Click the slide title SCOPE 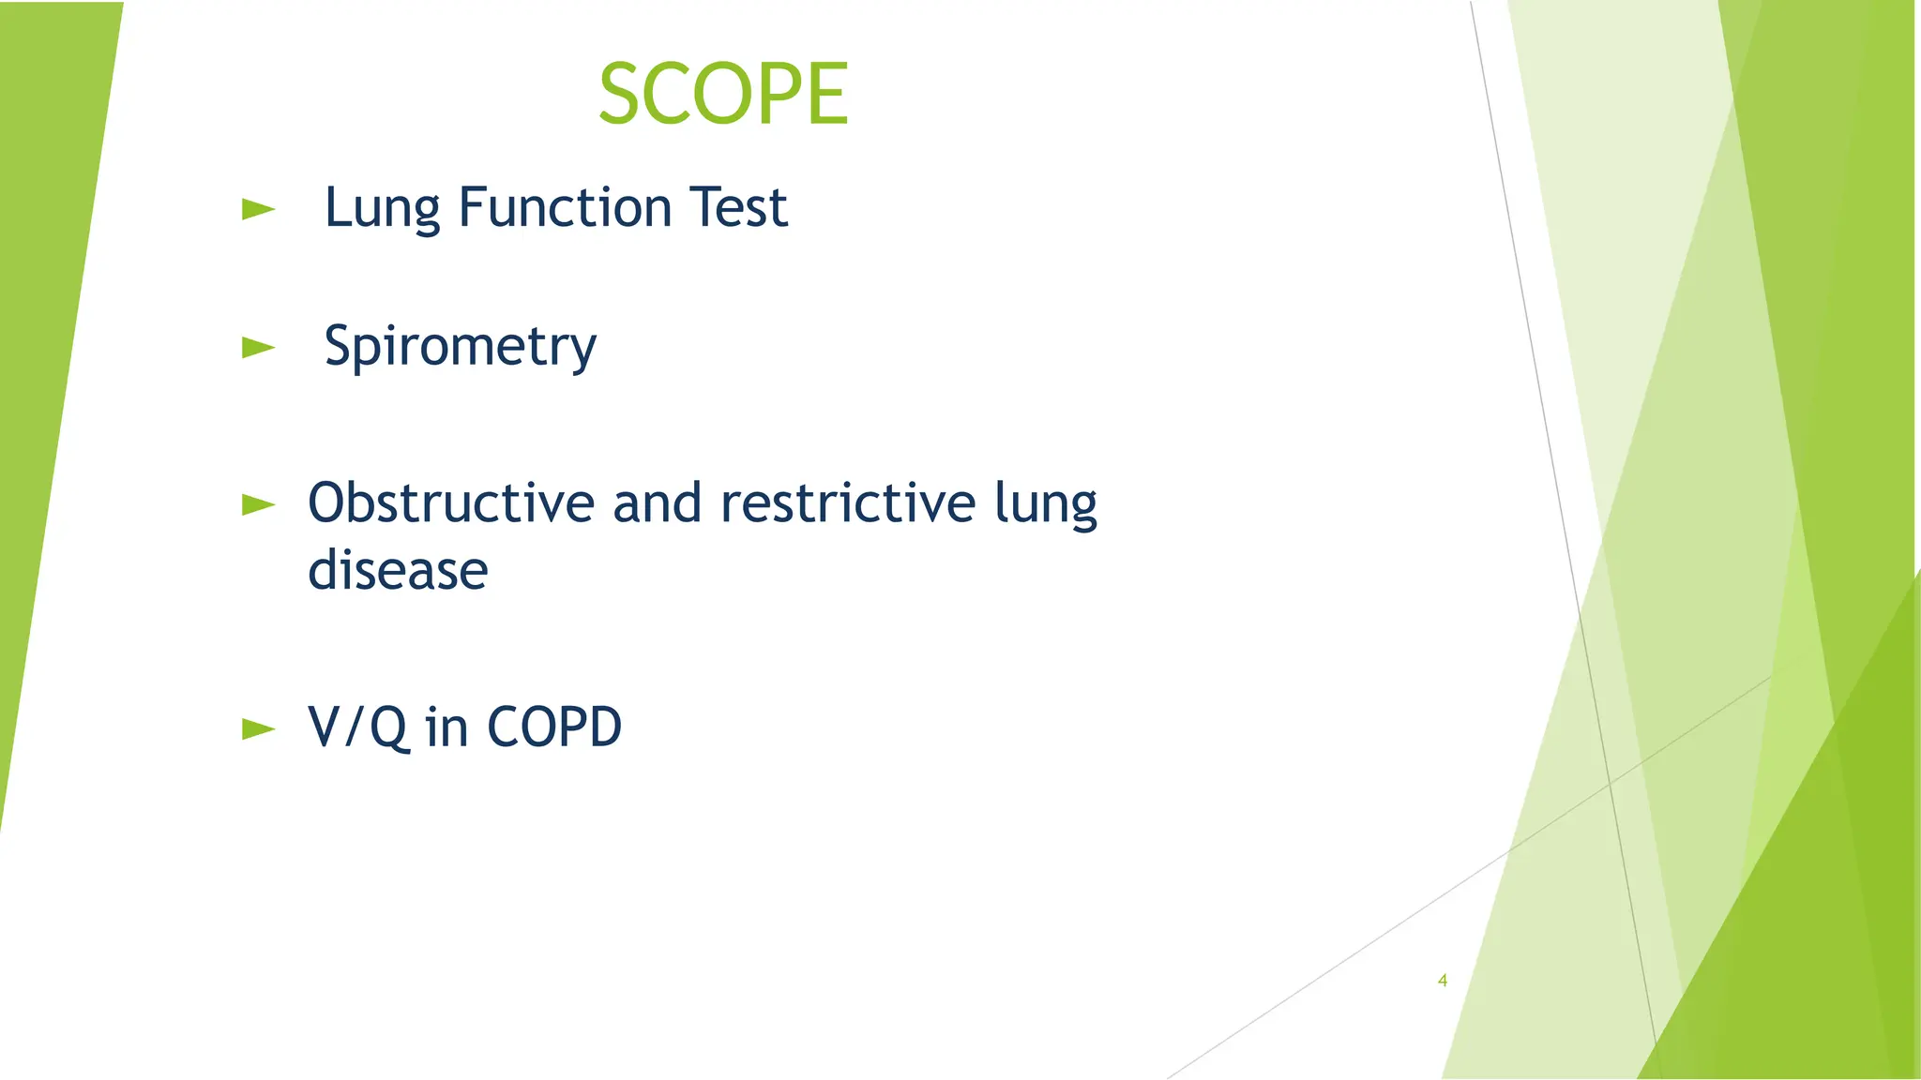point(723,93)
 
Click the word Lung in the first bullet point(382,208)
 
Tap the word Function point(565,207)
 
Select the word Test point(738,207)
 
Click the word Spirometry point(460,347)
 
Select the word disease point(398,570)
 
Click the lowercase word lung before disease point(1045,504)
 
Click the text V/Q point(356,727)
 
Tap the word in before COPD point(446,727)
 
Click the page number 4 point(1443,981)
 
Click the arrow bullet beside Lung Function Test point(258,209)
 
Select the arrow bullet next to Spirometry point(258,348)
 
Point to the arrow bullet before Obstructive point(258,504)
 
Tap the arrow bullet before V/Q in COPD point(258,728)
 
